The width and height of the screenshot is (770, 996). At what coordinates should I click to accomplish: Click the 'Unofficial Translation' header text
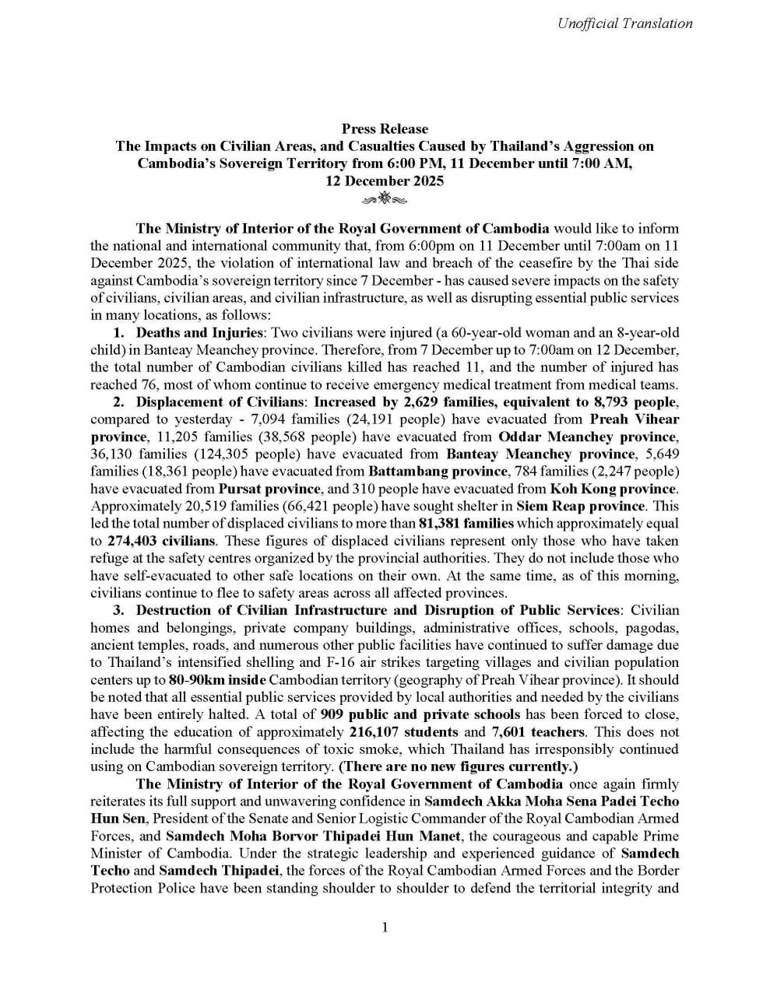(x=624, y=23)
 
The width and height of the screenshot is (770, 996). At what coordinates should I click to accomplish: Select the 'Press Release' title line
(x=385, y=128)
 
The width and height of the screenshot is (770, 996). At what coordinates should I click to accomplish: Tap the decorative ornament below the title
(x=385, y=200)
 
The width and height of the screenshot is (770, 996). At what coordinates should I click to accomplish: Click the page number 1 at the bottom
(x=385, y=927)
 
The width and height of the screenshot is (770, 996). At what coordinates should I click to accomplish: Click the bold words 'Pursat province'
(x=269, y=489)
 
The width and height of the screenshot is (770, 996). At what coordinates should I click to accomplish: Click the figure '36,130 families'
(x=135, y=454)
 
